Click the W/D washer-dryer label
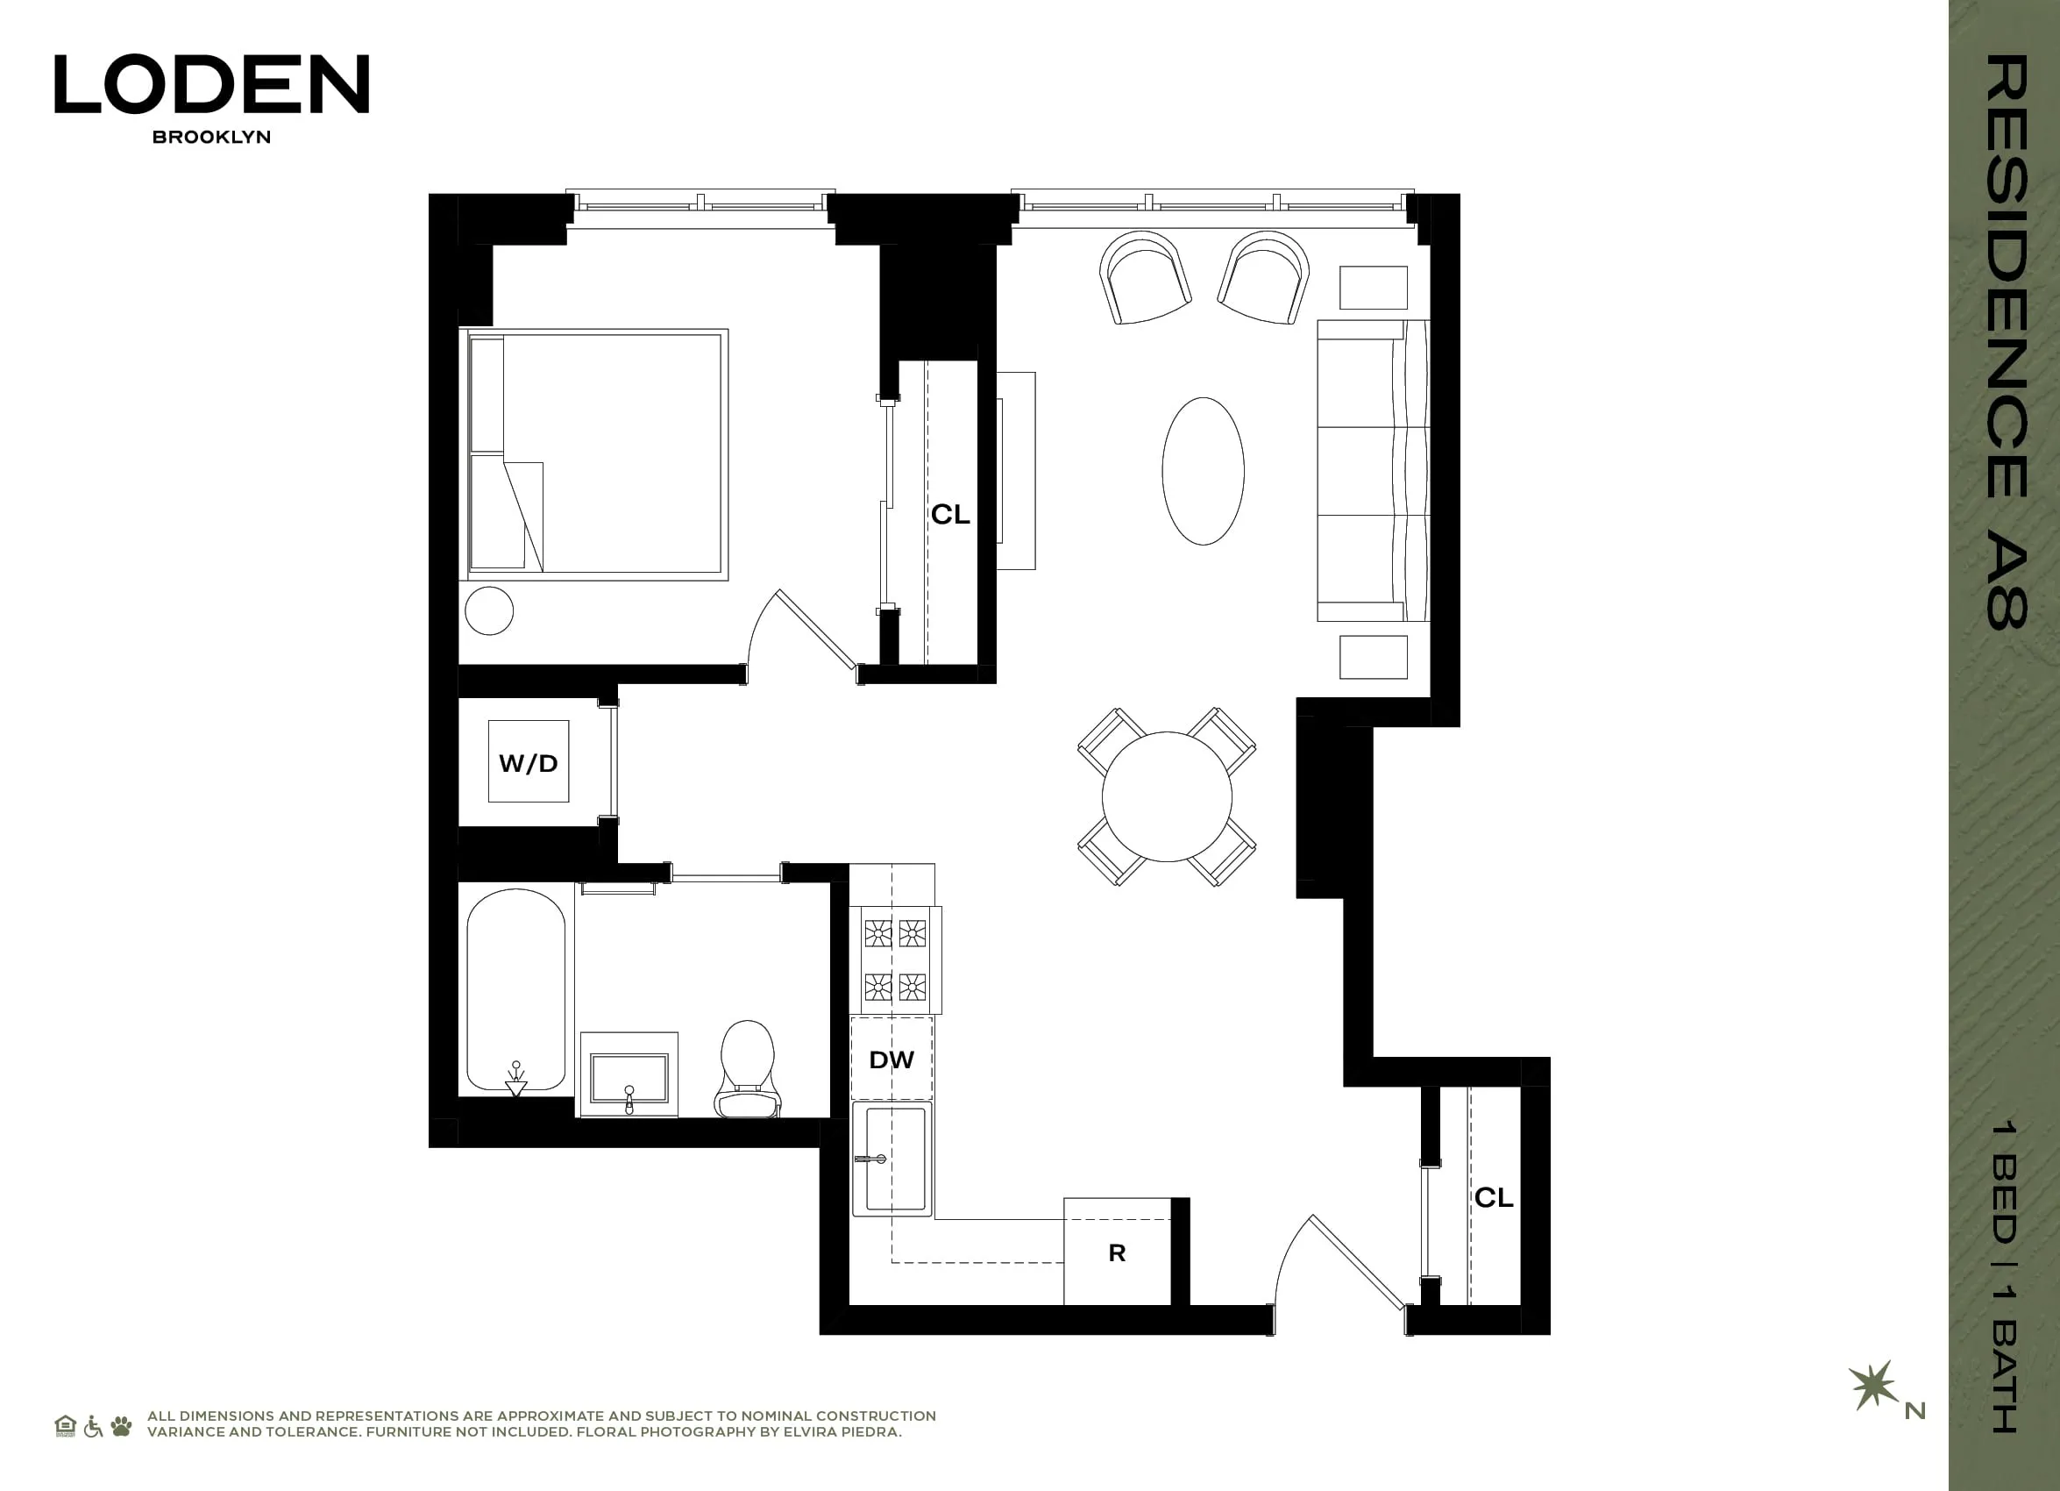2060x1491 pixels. [x=528, y=763]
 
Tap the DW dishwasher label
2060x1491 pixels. [x=891, y=1059]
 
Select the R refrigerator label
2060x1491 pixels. [x=1117, y=1253]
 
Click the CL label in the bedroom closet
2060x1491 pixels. [x=950, y=514]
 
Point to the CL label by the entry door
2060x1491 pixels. [x=1493, y=1197]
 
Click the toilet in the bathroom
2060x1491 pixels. [x=747, y=1068]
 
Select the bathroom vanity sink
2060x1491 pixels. [x=629, y=1078]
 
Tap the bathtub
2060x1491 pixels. [x=515, y=990]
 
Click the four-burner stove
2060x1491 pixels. [x=895, y=960]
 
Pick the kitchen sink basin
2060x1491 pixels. [x=895, y=1159]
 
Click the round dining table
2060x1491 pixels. [x=1166, y=797]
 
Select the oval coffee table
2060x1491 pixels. [x=1203, y=471]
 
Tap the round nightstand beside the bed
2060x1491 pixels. [x=488, y=610]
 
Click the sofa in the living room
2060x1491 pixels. [x=1372, y=471]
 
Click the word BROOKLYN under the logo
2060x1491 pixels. [x=210, y=137]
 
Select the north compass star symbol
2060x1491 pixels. [x=1872, y=1386]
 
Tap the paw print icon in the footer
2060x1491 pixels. [x=121, y=1425]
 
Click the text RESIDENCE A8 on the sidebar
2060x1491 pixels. [x=2006, y=340]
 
